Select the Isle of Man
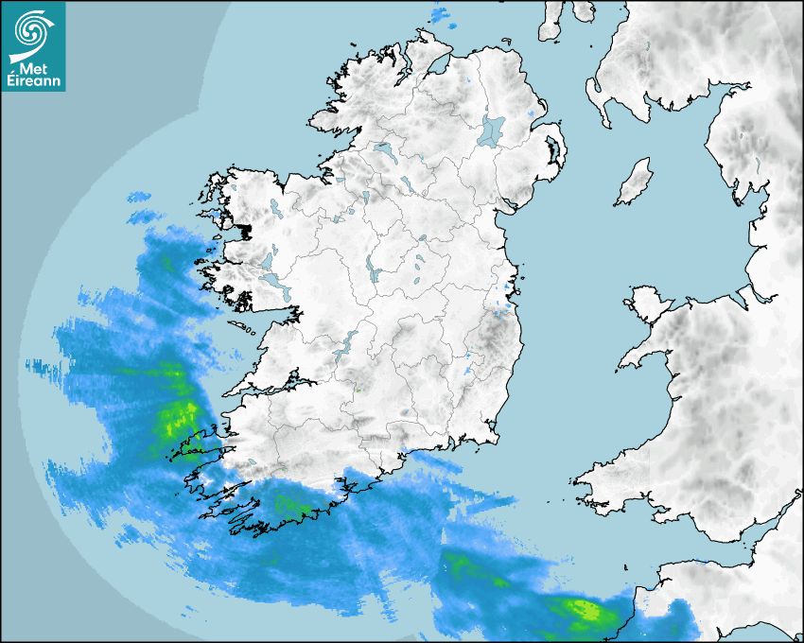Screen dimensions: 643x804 tap(635, 182)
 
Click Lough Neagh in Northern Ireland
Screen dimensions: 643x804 tap(492, 130)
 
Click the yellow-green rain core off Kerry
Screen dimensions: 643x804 tap(178, 416)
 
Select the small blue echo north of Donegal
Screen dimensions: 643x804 tap(440, 14)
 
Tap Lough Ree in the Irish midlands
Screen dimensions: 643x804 tap(375, 271)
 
